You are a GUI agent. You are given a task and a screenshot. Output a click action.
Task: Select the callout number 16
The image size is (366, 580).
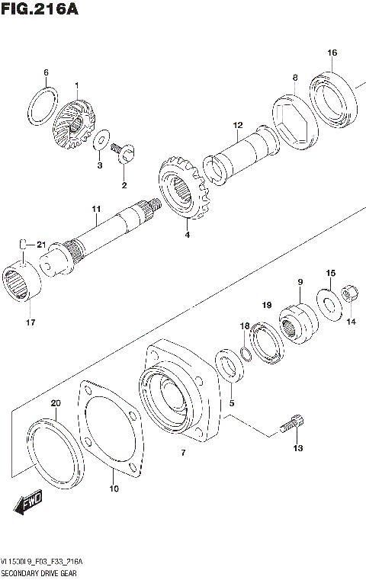pos(332,53)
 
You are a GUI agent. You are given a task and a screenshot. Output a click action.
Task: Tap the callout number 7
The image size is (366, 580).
pos(182,453)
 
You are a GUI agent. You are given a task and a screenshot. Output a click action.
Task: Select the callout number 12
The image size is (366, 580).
pos(238,125)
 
